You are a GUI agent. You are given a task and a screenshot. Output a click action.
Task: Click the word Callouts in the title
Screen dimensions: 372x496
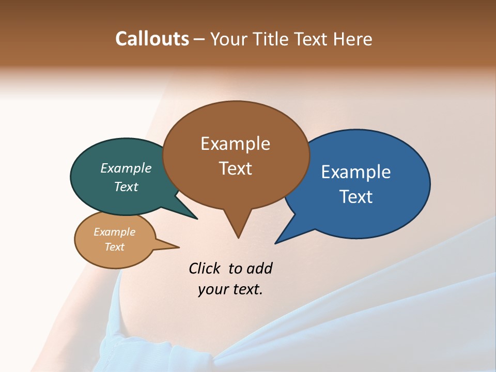coord(152,39)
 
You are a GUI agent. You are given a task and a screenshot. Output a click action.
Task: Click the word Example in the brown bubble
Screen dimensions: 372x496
coord(235,144)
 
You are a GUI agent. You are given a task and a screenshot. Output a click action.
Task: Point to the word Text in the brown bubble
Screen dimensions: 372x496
coord(235,168)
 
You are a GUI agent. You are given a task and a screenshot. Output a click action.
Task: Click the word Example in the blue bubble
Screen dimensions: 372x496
coord(356,172)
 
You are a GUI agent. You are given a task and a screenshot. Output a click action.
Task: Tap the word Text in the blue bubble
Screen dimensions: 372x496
coord(356,197)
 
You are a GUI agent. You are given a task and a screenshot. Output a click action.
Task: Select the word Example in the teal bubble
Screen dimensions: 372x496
coord(126,168)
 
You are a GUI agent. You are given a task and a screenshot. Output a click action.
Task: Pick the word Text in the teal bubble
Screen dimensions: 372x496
coord(126,187)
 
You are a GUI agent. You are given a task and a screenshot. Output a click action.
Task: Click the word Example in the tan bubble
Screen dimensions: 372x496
coord(115,232)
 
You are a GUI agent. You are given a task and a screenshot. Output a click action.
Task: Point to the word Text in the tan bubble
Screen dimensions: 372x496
coord(115,247)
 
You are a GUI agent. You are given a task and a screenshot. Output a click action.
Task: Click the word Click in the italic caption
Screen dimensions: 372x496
coord(206,268)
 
